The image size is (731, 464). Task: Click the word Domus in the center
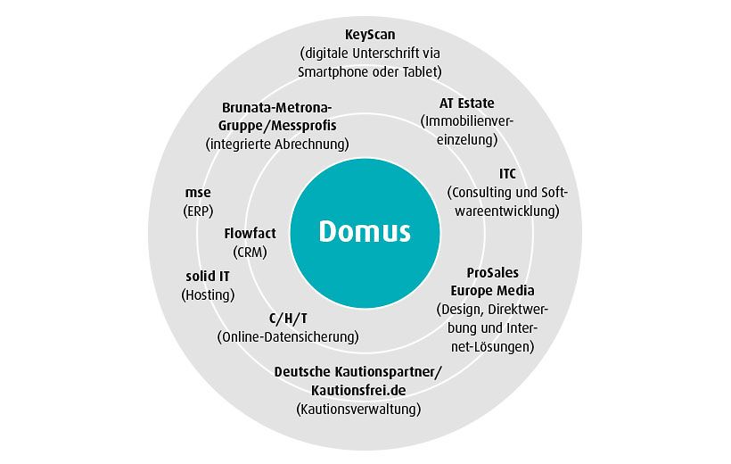365,231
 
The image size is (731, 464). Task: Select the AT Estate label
466,103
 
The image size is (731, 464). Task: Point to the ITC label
507,173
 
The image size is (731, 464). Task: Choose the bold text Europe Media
493,290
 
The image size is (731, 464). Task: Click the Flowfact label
250,233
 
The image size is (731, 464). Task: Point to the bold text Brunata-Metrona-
276,108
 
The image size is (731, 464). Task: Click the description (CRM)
250,252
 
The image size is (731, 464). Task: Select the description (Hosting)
207,294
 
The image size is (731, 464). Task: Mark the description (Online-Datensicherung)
288,337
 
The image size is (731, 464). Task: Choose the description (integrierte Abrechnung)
276,144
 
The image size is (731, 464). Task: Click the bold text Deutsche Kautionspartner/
357,371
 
